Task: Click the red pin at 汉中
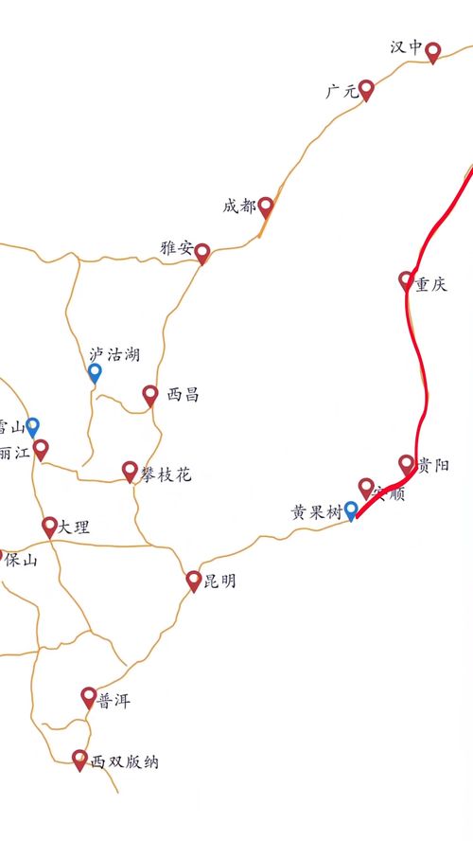point(433,51)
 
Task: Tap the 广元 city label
point(340,92)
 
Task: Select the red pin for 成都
point(266,206)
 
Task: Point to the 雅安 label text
point(176,249)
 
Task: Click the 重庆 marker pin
point(407,279)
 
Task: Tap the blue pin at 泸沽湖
point(95,372)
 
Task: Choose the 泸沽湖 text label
point(114,355)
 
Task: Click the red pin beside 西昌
point(150,394)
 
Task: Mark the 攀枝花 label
point(166,471)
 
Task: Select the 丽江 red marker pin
point(40,448)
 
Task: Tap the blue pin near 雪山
point(33,426)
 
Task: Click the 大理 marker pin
point(49,526)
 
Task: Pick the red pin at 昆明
point(194,580)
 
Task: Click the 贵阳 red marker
point(407,463)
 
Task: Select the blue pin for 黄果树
point(352,510)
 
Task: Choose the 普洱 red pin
point(89,697)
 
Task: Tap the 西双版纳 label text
point(125,761)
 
